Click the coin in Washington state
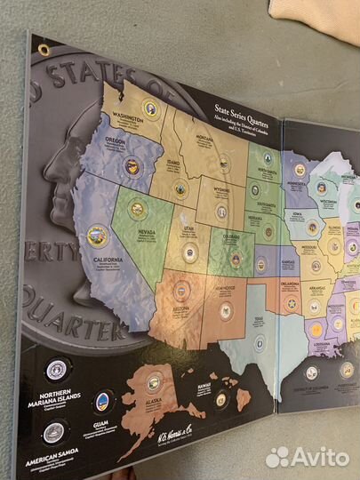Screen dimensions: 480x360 click(150, 110)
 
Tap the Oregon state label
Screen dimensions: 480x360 click(116, 140)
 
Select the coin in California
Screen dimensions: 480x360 click(97, 236)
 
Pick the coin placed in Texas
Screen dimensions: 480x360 click(260, 342)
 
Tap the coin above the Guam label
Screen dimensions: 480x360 click(104, 401)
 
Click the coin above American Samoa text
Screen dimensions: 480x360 click(53, 432)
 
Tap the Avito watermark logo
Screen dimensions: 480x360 click(308, 457)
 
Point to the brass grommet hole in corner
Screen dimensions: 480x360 click(44, 49)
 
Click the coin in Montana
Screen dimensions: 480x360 click(224, 163)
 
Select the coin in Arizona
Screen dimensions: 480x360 click(181, 290)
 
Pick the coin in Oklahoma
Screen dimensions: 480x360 click(291, 304)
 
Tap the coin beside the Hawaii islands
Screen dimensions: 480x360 click(220, 399)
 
